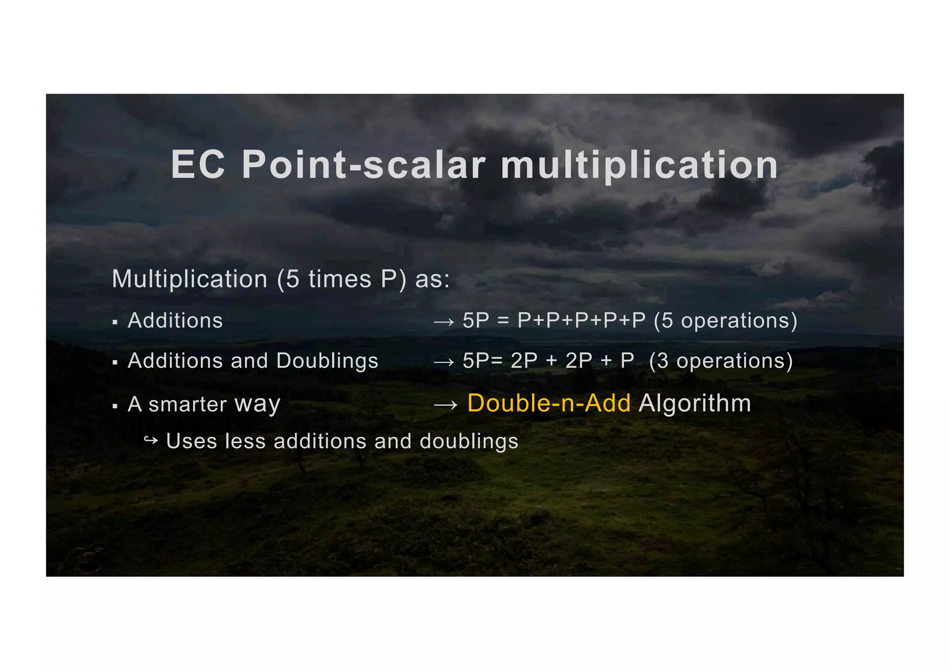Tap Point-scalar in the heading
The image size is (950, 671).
364,165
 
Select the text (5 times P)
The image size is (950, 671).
341,279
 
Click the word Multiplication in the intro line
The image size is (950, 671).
190,279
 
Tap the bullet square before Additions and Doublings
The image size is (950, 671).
115,363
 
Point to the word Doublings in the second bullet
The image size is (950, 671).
327,361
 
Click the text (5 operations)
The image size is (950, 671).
725,321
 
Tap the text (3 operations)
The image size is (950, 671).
721,361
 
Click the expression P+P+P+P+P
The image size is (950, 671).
581,321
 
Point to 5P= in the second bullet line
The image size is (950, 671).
482,361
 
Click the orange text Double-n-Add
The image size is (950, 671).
549,403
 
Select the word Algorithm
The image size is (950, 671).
694,403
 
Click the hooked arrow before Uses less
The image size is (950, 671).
151,440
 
